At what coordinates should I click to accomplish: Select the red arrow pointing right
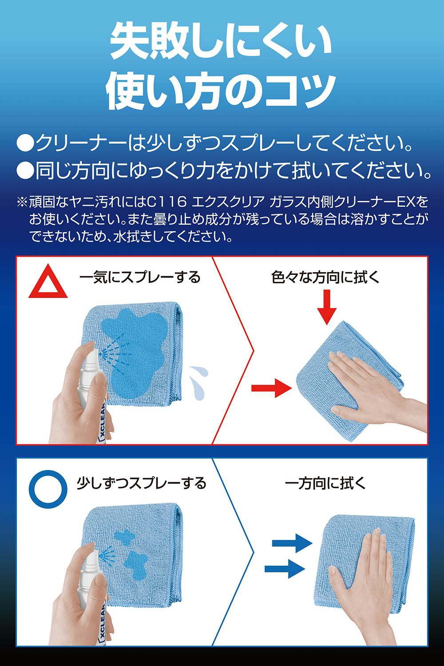point(272,388)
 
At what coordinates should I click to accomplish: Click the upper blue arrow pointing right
point(292,543)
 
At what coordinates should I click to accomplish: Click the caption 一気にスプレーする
point(140,277)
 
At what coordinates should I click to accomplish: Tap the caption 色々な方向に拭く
point(325,277)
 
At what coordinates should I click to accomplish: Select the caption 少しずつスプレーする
point(141,483)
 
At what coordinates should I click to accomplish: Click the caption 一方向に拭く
point(325,483)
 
